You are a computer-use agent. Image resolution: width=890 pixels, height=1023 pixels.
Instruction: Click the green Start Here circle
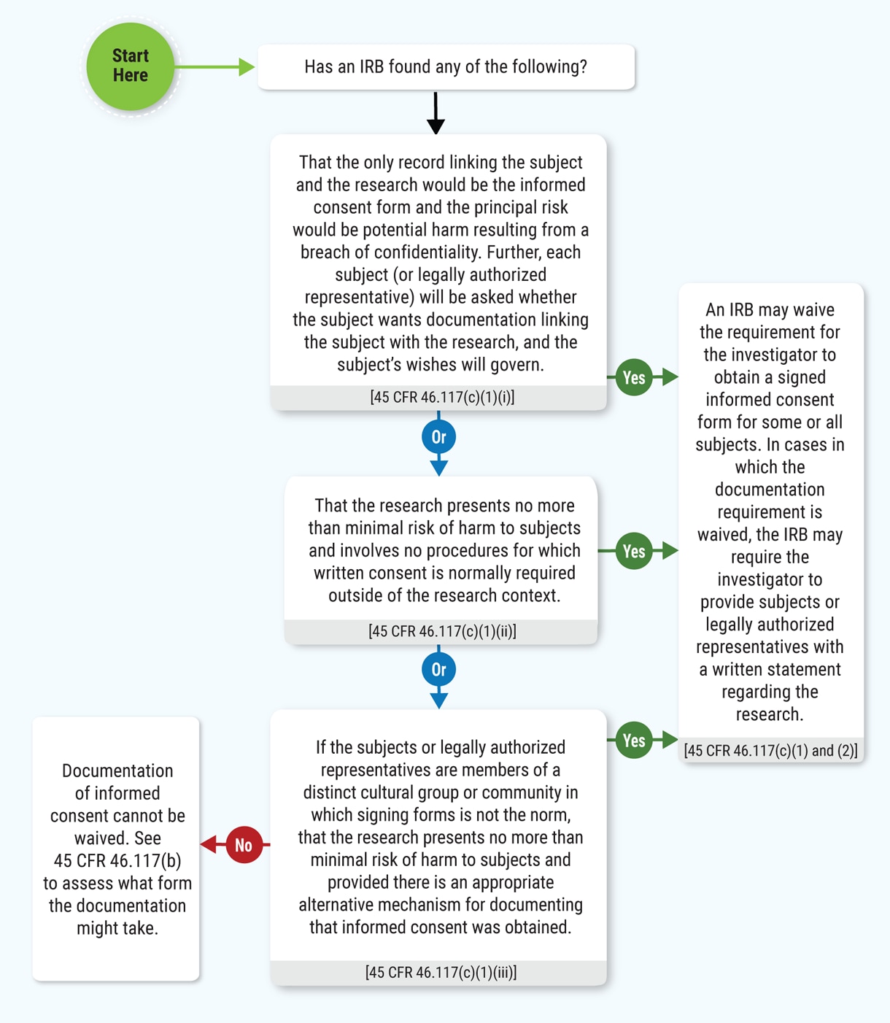click(x=130, y=66)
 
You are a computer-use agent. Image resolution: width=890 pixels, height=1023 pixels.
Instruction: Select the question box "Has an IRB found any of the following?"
click(x=446, y=67)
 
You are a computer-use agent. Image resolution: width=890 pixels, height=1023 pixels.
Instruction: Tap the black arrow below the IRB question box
click(x=436, y=113)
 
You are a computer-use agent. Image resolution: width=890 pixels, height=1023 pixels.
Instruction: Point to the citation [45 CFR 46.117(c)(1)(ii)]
click(x=442, y=632)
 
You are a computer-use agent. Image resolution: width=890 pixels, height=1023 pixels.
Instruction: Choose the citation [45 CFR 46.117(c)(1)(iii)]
click(x=441, y=973)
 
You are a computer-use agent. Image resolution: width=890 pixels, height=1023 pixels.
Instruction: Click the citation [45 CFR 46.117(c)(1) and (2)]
click(x=770, y=751)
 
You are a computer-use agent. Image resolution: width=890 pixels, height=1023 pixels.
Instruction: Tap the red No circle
click(x=244, y=845)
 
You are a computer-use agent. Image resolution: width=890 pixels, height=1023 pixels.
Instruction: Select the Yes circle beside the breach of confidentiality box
click(x=633, y=377)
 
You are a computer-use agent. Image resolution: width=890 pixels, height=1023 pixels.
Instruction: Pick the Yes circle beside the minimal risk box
click(x=633, y=551)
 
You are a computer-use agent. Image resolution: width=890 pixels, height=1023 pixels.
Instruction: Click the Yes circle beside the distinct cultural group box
click(x=633, y=741)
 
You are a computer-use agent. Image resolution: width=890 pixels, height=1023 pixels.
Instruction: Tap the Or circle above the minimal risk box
click(x=438, y=437)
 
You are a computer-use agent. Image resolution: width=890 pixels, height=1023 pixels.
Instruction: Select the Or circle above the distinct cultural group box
click(x=438, y=670)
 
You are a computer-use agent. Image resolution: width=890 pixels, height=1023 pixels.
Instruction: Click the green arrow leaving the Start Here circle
click(x=215, y=67)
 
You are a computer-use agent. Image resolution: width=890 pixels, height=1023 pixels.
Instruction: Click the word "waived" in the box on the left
click(x=97, y=838)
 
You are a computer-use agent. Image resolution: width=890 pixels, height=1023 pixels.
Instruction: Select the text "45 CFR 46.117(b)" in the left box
click(x=117, y=861)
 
